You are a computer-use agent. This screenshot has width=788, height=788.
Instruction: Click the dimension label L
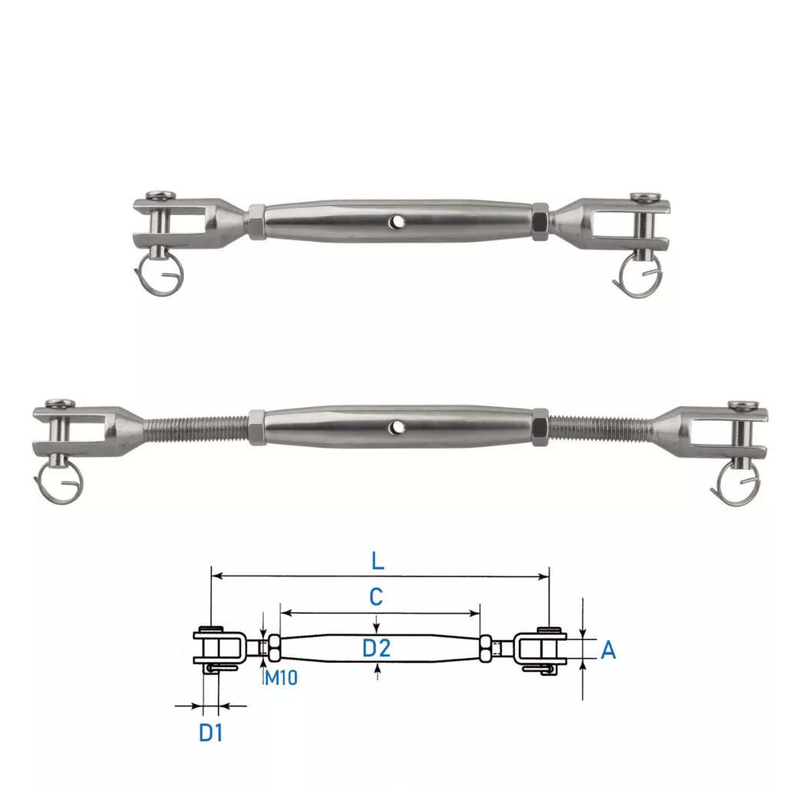click(377, 560)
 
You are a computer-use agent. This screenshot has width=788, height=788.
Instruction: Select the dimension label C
click(376, 597)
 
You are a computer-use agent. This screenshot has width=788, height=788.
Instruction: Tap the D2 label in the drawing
click(376, 648)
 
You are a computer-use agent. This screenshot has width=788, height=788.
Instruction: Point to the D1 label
click(211, 733)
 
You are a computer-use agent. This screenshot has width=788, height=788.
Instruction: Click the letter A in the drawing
click(608, 650)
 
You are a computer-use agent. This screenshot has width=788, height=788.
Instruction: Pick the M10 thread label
click(281, 678)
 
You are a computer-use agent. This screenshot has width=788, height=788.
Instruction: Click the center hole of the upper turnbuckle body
click(398, 221)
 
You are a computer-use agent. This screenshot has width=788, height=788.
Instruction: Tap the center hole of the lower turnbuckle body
click(399, 428)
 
